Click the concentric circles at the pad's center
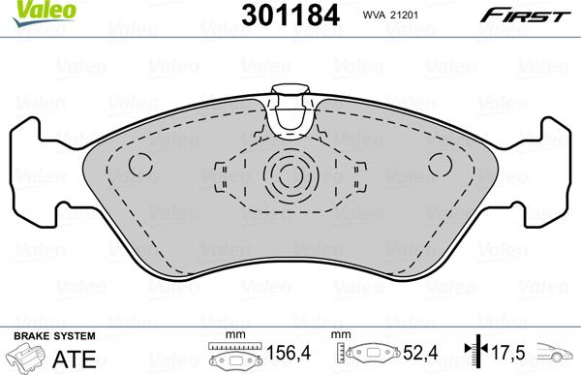point(289,176)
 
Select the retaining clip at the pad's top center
point(289,111)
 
